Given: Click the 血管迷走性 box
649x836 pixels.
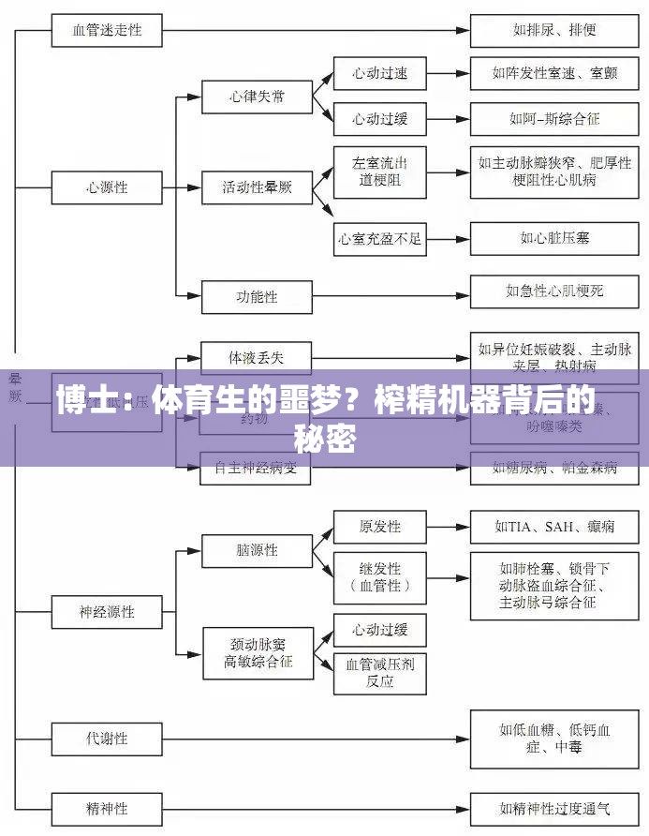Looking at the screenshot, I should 108,30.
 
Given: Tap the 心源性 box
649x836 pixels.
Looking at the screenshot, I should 108,187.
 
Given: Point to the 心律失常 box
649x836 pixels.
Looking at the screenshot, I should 258,97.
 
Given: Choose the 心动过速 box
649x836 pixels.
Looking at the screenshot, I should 379,73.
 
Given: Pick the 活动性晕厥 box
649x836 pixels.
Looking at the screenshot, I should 258,187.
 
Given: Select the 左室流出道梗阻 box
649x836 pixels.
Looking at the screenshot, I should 379,171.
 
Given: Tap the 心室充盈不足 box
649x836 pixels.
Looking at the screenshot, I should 379,239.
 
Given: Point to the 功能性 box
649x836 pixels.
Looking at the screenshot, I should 258,297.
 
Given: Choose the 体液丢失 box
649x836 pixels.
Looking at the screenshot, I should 256,357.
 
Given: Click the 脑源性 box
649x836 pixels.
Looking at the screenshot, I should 258,550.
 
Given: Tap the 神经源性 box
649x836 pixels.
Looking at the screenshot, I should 108,612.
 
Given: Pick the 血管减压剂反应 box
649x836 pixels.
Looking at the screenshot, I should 379,673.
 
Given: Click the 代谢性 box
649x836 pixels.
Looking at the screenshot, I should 108,738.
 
